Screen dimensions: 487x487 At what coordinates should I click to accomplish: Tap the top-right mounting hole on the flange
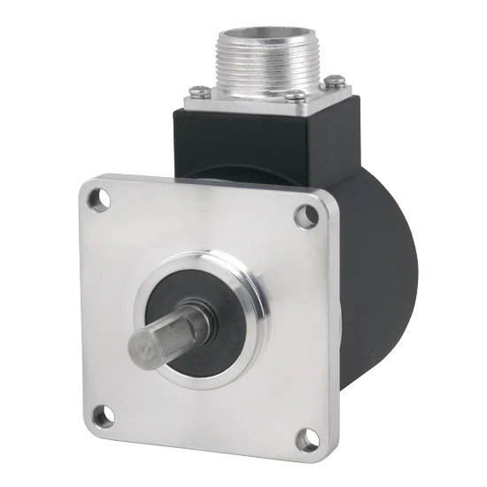307,213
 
